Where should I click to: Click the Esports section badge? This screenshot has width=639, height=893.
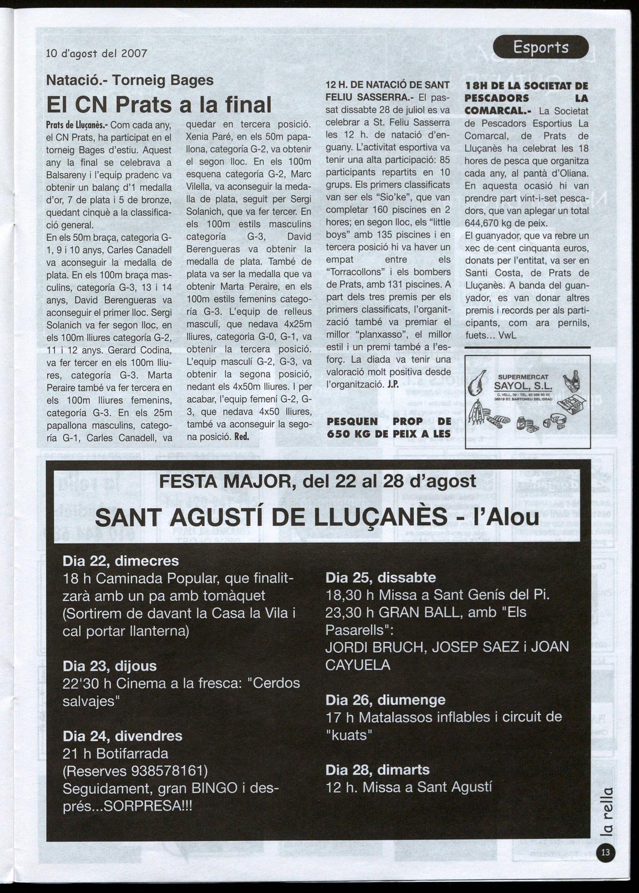click(x=540, y=47)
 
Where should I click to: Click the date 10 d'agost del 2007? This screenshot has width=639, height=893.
click(x=96, y=53)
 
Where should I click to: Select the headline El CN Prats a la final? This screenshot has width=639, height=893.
click(x=159, y=105)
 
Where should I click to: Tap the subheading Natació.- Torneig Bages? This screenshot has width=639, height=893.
click(x=130, y=80)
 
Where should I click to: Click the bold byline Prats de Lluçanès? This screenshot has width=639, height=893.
click(x=77, y=125)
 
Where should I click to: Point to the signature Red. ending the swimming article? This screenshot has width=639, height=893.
click(x=242, y=436)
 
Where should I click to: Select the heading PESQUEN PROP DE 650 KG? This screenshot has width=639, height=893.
click(x=389, y=427)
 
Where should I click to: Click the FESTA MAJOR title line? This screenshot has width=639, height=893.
click(x=317, y=481)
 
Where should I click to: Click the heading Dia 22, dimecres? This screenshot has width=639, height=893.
click(x=120, y=560)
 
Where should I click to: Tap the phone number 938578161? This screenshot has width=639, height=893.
click(x=168, y=771)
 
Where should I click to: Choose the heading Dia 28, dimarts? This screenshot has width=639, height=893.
click(x=377, y=769)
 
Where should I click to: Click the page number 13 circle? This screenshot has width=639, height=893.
click(x=605, y=852)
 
